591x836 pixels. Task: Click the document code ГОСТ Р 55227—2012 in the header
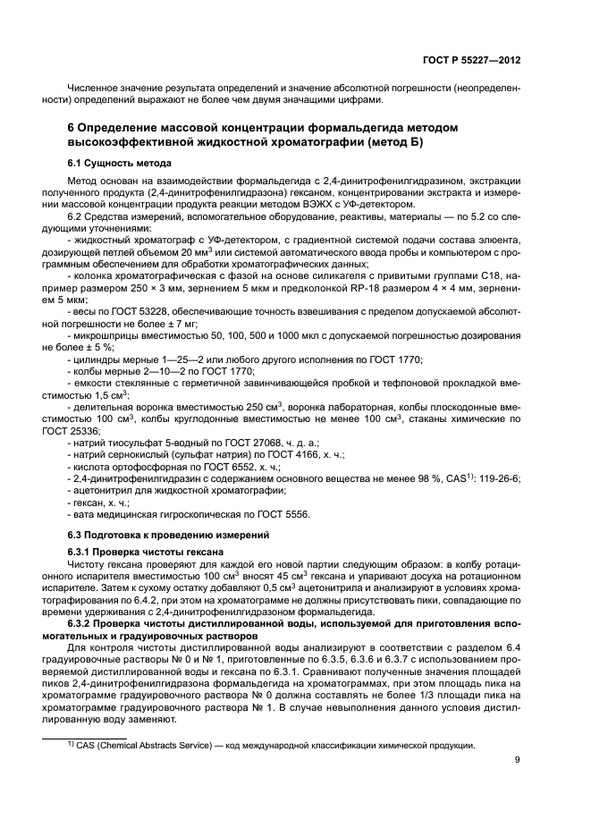coord(472,60)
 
